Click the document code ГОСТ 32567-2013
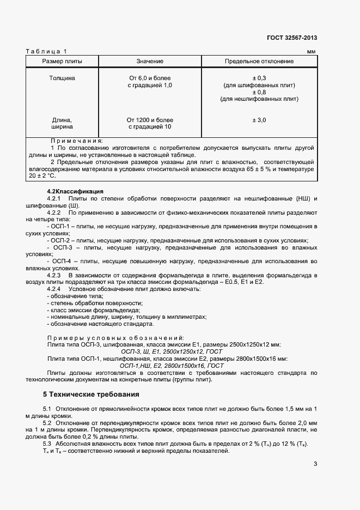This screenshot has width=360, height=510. (x=292, y=38)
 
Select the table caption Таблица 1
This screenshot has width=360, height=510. (x=46, y=51)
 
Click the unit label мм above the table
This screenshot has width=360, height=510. (x=311, y=52)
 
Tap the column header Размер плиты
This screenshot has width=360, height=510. (x=62, y=61)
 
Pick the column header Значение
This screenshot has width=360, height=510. (x=149, y=61)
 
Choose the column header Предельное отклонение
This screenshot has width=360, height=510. (x=259, y=61)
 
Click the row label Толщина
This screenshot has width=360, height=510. (x=63, y=78)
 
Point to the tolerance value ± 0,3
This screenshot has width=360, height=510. (x=259, y=78)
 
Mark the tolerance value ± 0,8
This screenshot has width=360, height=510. (x=259, y=92)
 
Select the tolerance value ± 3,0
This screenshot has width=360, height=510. (x=259, y=119)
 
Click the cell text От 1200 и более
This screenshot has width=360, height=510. (x=150, y=119)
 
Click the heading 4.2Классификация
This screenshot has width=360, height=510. (x=75, y=191)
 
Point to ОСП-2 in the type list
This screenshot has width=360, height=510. (x=61, y=240)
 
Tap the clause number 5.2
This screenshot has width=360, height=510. (x=47, y=423)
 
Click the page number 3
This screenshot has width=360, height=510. (x=315, y=464)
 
